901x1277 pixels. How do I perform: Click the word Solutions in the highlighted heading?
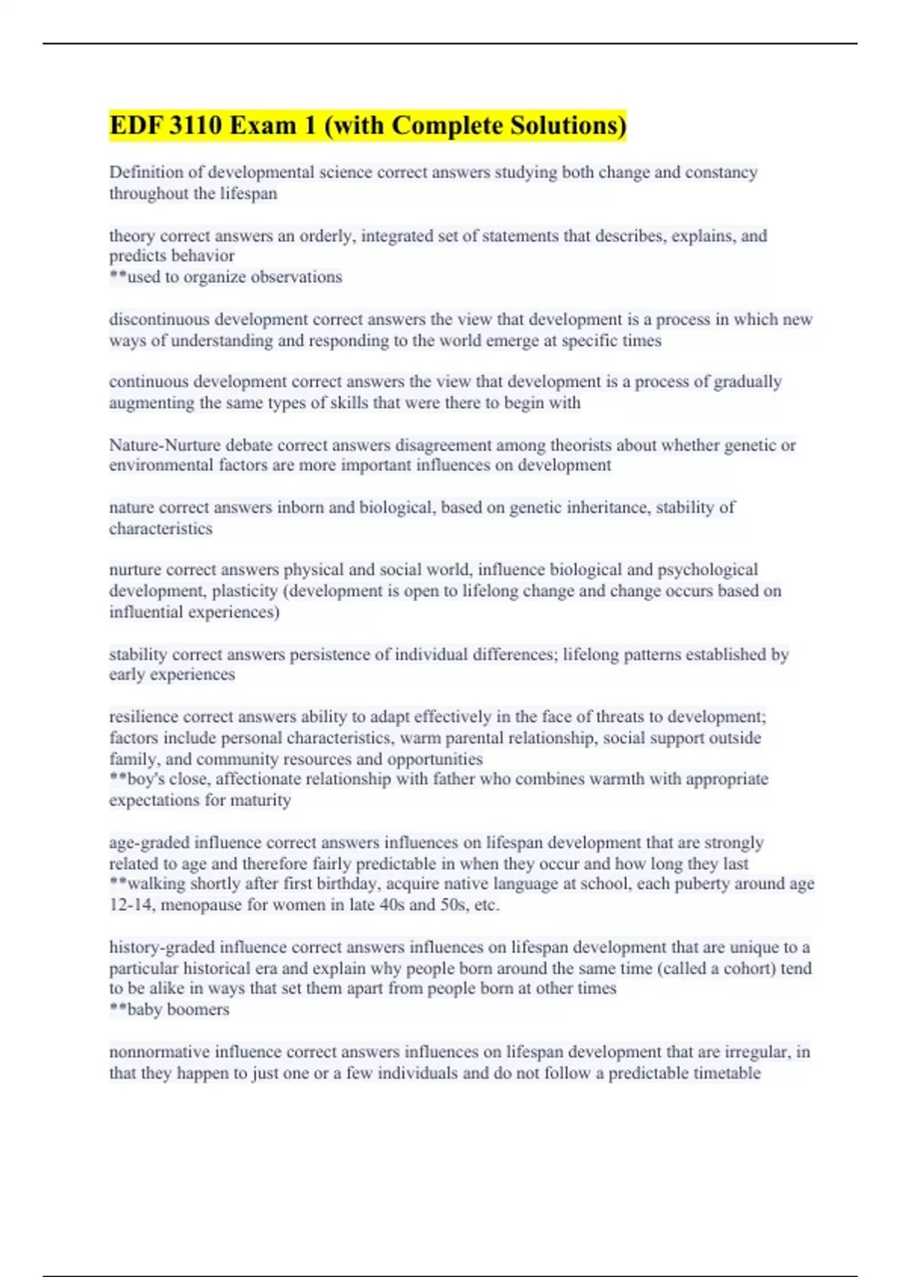point(567,125)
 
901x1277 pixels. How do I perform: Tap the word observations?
point(296,277)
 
